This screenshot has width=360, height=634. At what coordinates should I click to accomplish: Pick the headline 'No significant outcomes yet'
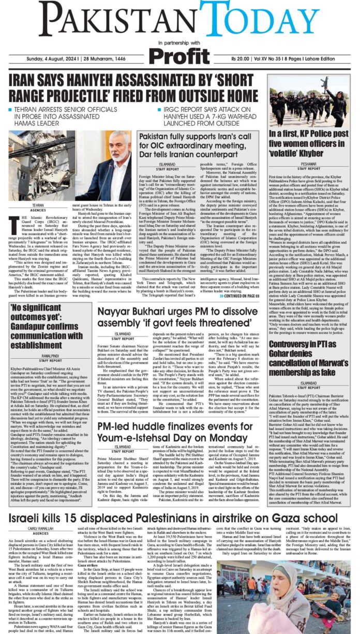click(x=42, y=300)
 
